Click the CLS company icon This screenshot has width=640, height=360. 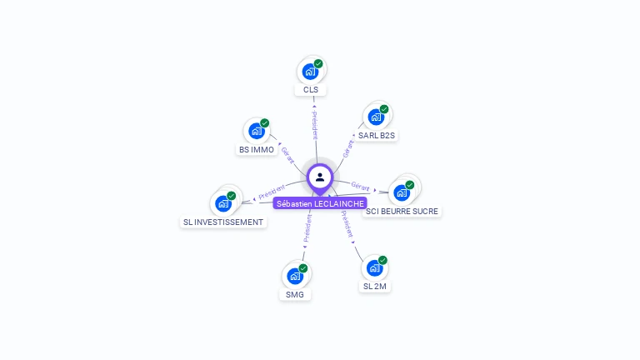tap(310, 72)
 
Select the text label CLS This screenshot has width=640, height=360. tap(311, 89)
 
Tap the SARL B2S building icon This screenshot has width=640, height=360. tap(376, 117)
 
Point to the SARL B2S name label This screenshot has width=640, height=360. tap(377, 135)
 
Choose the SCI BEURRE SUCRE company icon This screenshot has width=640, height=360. tap(402, 192)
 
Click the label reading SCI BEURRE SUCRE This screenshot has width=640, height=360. tap(402, 211)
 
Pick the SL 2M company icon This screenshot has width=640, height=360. tap(374, 267)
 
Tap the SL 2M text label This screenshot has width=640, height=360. tap(375, 286)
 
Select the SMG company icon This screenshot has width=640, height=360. tap(295, 276)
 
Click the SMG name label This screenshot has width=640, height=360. tap(295, 294)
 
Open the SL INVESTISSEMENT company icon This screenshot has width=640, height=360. tap(223, 203)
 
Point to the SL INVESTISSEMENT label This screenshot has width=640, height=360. tap(223, 222)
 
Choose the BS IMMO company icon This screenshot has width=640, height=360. tap(256, 131)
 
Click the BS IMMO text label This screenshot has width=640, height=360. tap(257, 150)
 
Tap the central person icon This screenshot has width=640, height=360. tap(320, 177)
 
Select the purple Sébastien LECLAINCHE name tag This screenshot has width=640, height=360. tap(320, 203)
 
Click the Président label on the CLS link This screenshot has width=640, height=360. tap(314, 122)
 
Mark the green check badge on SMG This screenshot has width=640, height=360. tap(303, 268)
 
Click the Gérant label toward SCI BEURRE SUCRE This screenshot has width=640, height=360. tap(361, 186)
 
